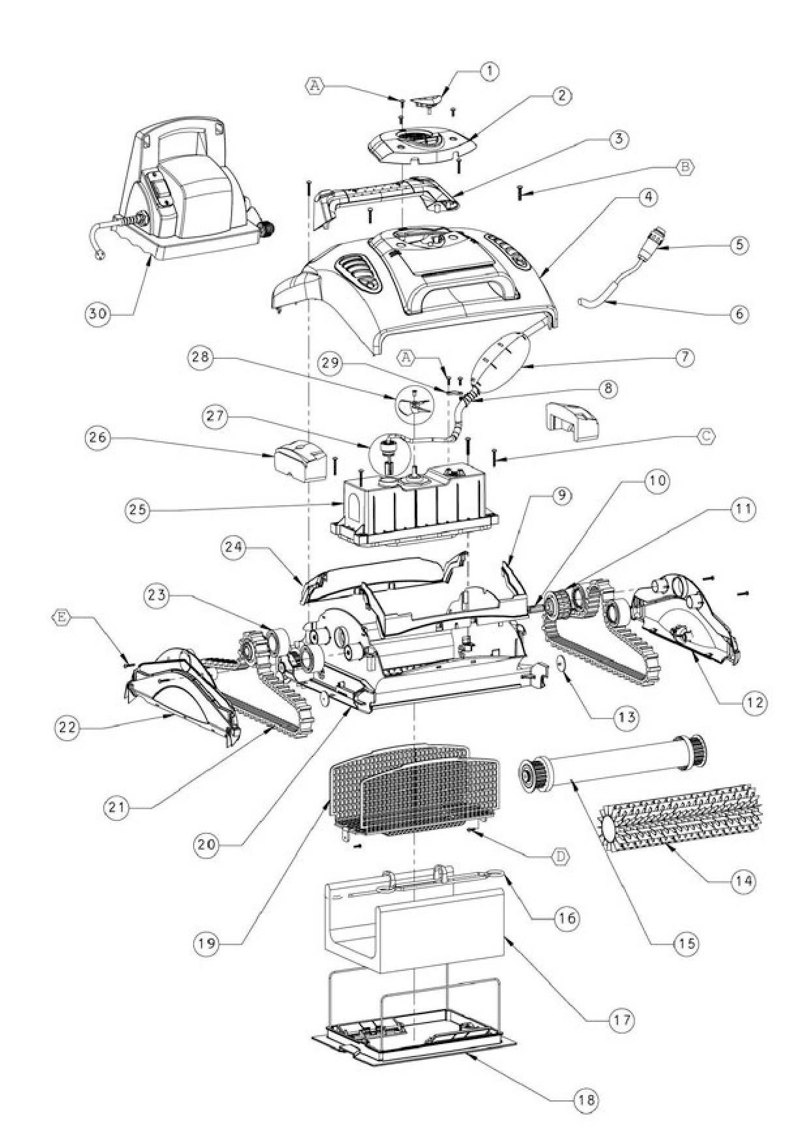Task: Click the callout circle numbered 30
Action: [x=98, y=313]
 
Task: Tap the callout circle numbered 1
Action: [x=490, y=72]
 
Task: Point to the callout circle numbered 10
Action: [x=657, y=482]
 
